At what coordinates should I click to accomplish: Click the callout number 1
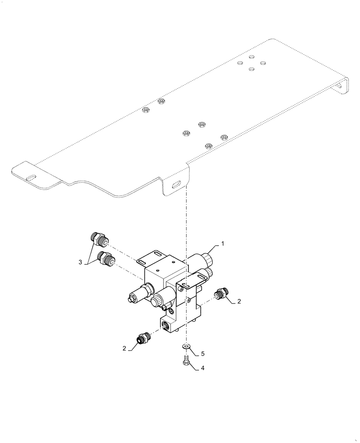pos(223,244)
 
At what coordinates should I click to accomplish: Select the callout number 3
pos(80,263)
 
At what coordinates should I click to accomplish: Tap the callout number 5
pos(203,354)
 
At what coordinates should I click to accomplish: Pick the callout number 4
pos(203,368)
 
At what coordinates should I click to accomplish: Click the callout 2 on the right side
pos(239,301)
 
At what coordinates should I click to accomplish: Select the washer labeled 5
pos(187,346)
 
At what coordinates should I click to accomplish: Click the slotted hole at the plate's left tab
pos(32,178)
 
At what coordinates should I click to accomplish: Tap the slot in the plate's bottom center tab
pos(176,184)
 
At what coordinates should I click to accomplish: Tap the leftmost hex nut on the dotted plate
pos(145,110)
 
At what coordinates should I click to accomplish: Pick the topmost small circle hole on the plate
pos(251,57)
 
